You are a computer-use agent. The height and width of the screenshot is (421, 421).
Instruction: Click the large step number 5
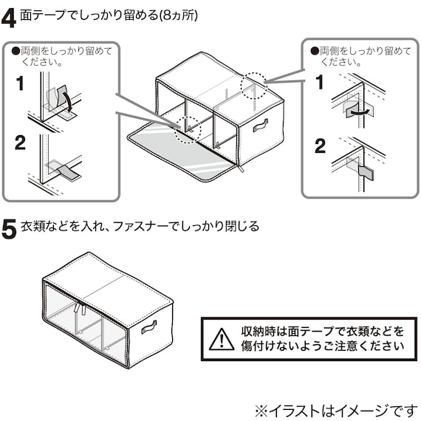[x=10, y=228]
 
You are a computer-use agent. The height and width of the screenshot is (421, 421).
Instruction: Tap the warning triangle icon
[x=221, y=339]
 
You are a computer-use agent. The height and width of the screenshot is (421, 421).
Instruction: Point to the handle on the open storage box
[x=262, y=127]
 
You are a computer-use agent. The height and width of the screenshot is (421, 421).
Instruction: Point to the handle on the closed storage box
[x=150, y=326]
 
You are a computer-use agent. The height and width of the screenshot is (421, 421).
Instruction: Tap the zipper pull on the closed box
[x=76, y=310]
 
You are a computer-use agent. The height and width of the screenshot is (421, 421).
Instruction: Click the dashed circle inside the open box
[x=187, y=129]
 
